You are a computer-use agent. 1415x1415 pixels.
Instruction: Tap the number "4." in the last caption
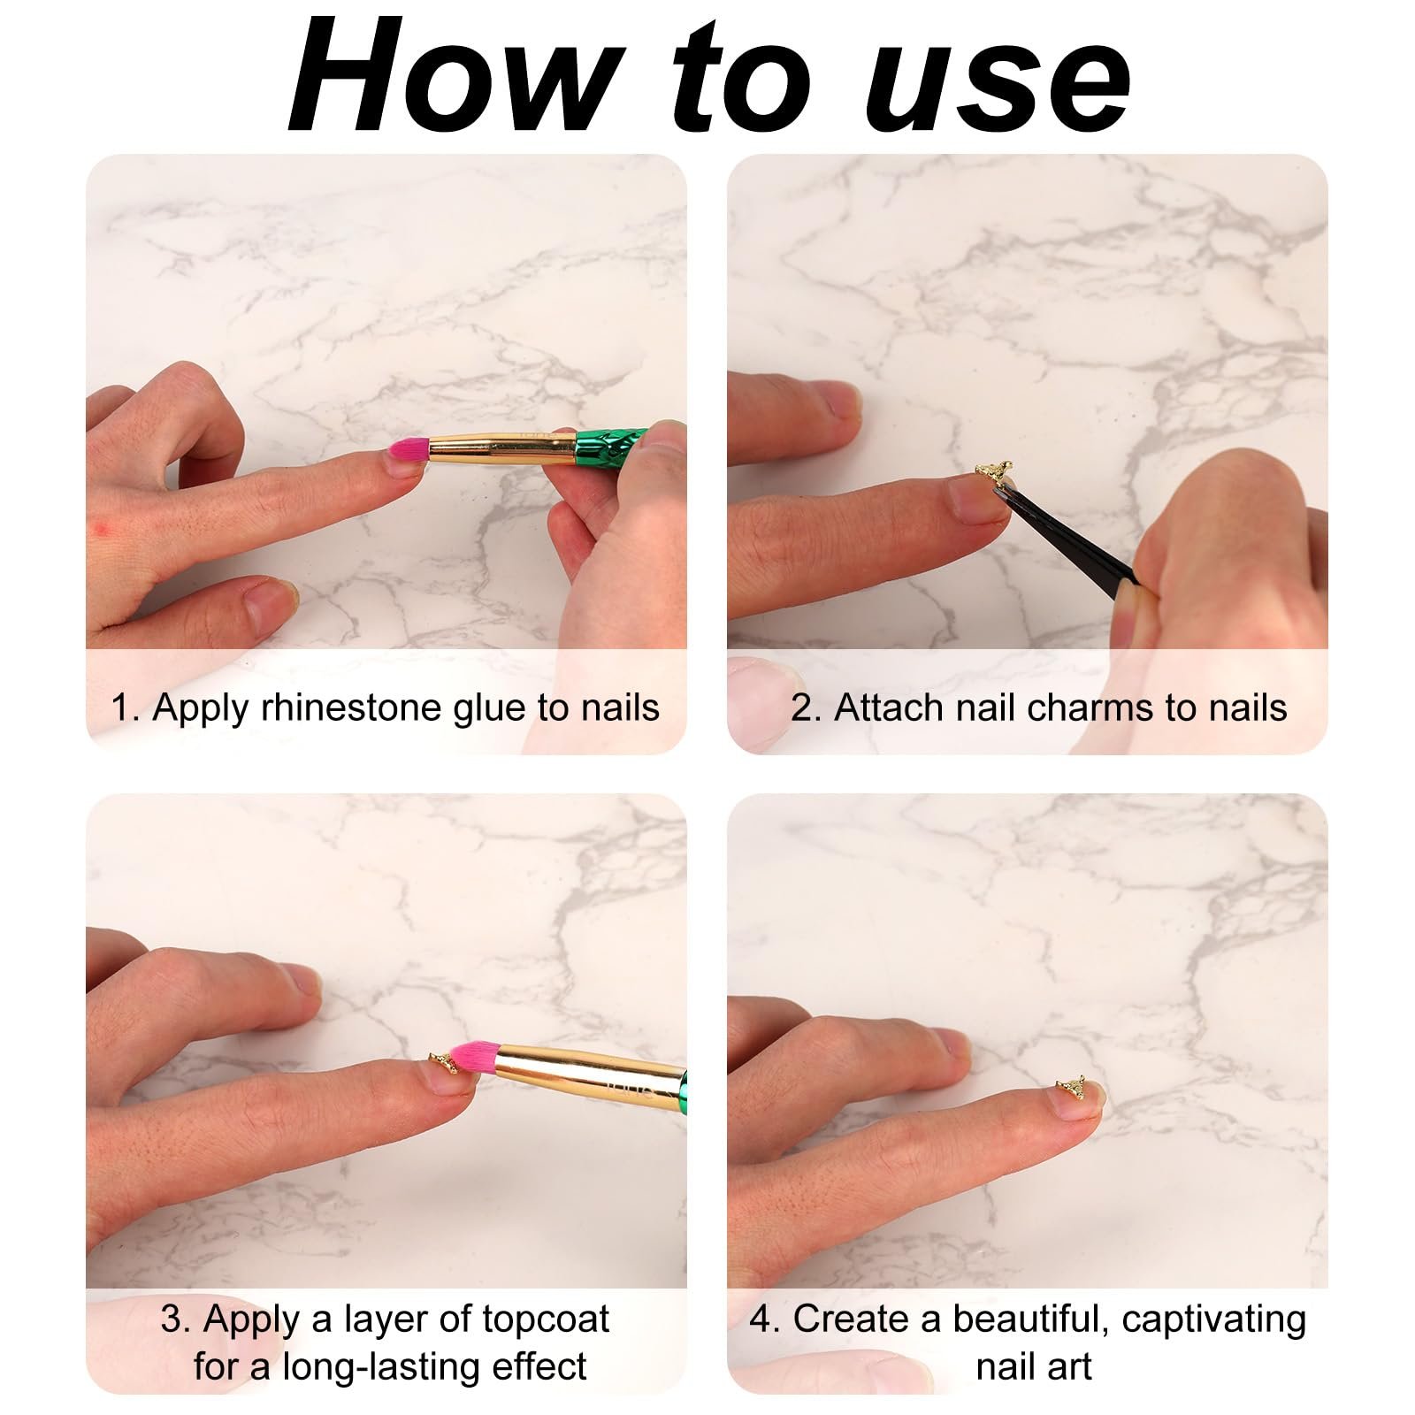coord(765,1319)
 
